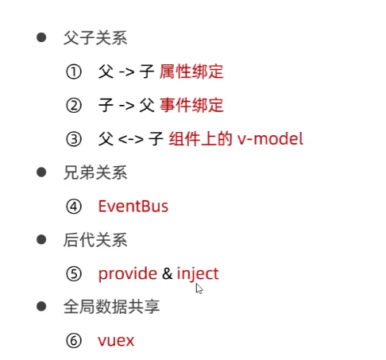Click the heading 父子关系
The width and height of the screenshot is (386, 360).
click(95, 38)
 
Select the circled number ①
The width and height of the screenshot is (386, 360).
click(74, 72)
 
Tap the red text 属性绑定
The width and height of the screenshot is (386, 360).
click(191, 72)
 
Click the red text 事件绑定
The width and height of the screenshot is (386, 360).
click(191, 105)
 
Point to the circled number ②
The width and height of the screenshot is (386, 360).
click(74, 106)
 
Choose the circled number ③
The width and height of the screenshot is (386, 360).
click(74, 139)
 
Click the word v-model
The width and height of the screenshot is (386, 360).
click(270, 138)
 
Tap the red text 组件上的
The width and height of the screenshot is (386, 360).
click(200, 139)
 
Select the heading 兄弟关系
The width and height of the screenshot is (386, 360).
click(95, 172)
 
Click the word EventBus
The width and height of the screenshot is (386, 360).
click(133, 207)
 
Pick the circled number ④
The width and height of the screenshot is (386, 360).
click(74, 207)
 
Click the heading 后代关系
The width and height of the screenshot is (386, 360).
click(95, 240)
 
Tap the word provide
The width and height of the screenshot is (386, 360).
click(128, 274)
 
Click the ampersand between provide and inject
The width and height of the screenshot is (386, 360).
click(167, 273)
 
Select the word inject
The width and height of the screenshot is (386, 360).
click(198, 274)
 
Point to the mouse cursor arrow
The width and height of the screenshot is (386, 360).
click(199, 288)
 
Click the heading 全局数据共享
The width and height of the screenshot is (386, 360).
click(111, 307)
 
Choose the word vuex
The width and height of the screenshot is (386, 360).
click(116, 341)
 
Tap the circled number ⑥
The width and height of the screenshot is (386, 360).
click(74, 341)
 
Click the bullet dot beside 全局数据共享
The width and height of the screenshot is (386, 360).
click(41, 307)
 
